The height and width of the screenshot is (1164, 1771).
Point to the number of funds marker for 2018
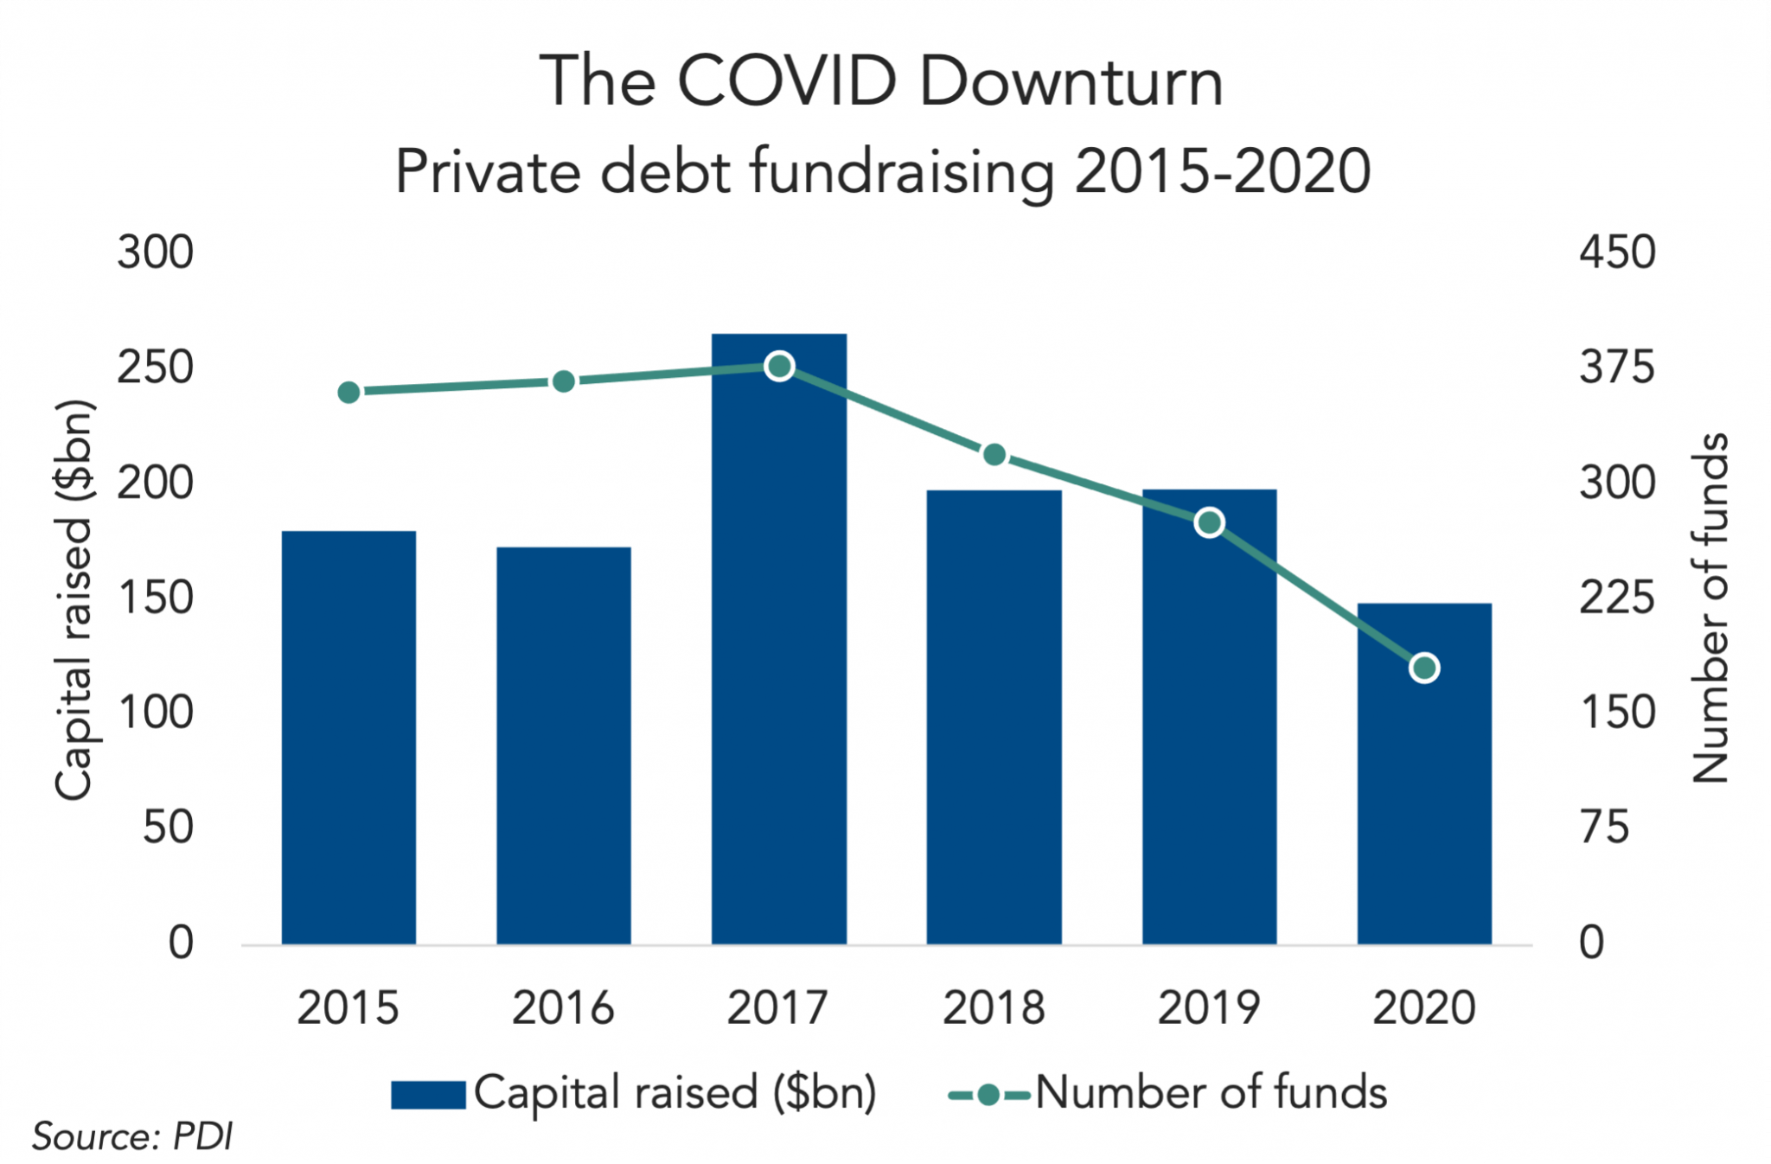pos(994,455)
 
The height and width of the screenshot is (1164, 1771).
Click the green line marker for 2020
pos(1424,668)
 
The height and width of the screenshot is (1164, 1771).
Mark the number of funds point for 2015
pos(348,393)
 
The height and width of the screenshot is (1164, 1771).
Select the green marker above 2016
pos(563,381)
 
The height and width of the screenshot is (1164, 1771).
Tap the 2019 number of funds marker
pos(1209,522)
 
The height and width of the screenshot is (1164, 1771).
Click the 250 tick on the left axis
pos(156,368)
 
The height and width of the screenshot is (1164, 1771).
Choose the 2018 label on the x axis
pos(994,1007)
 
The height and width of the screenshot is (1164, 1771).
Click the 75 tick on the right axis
pos(1605,828)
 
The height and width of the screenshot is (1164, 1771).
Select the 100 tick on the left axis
pos(156,713)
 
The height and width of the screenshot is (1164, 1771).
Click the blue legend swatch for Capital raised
pos(428,1094)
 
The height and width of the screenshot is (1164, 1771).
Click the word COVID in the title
pos(787,82)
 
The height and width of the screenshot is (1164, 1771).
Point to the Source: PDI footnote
pos(132,1136)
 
